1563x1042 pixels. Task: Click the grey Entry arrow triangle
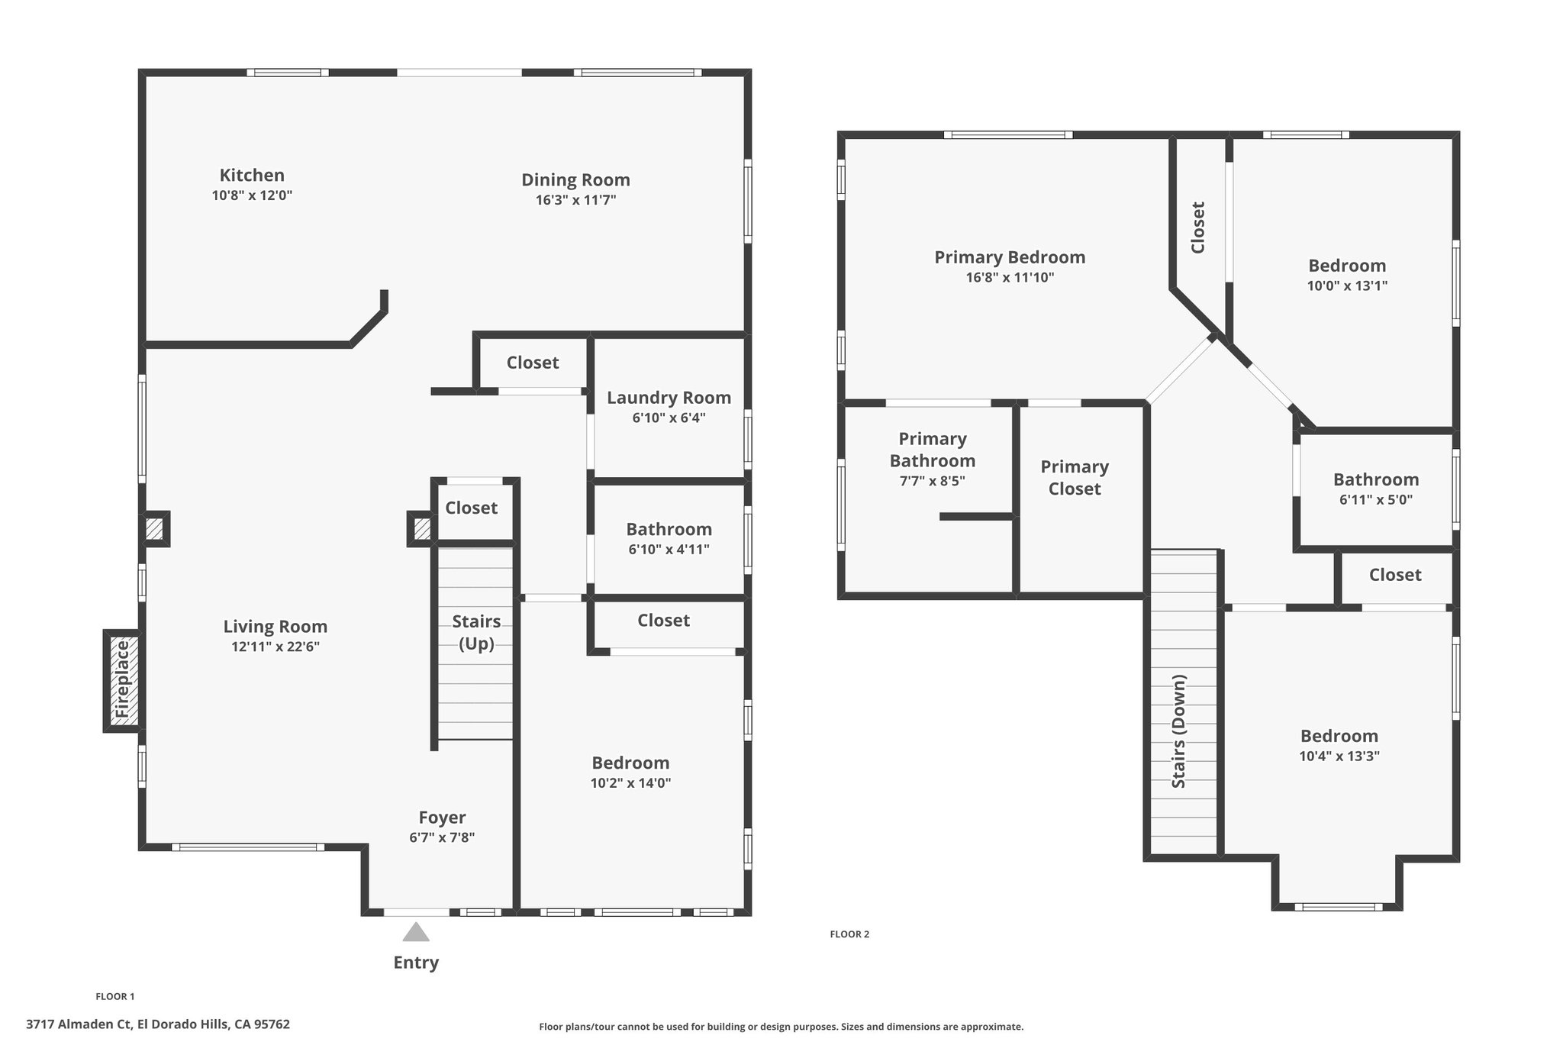(x=416, y=932)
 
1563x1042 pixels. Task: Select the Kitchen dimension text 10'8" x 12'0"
(x=252, y=195)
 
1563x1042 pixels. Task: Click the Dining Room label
(x=575, y=180)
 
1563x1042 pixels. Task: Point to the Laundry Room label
(x=669, y=398)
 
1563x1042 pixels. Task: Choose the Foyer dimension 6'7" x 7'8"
(x=442, y=837)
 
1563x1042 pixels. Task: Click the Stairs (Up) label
(x=476, y=633)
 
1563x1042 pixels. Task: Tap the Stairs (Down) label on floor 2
(x=1178, y=731)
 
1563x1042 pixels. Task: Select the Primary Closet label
(x=1075, y=478)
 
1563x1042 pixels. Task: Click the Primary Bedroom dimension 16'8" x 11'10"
(x=1010, y=278)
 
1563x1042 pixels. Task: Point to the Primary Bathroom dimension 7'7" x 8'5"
(x=932, y=482)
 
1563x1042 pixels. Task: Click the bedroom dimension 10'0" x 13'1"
(x=1347, y=286)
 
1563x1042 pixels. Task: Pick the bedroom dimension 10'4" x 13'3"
(x=1339, y=756)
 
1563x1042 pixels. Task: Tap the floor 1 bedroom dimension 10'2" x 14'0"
(x=630, y=783)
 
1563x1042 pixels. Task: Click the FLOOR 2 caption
(x=849, y=934)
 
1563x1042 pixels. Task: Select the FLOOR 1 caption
(x=115, y=996)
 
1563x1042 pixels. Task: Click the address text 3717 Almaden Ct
(x=79, y=1024)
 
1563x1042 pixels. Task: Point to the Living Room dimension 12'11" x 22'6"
(x=275, y=647)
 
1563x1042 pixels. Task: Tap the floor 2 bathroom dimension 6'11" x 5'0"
(x=1376, y=500)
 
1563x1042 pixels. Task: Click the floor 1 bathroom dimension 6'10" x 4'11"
(x=669, y=550)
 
